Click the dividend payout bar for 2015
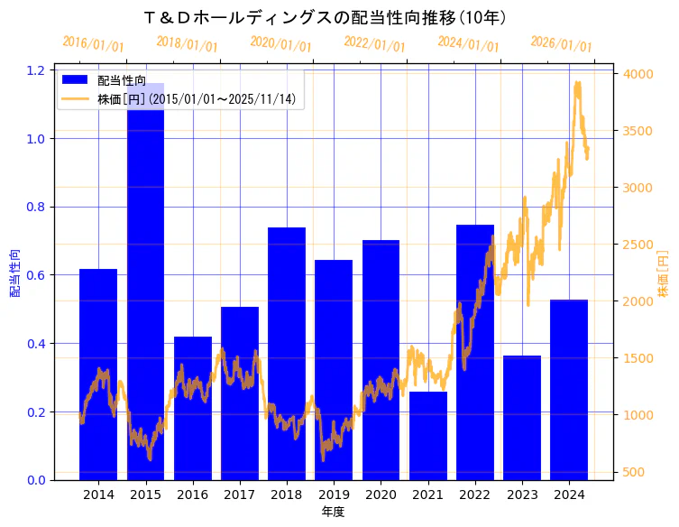tap(145, 289)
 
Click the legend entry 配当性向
tap(122, 80)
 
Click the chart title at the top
tap(326, 17)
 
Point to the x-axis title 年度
tap(333, 512)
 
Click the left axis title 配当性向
tap(14, 274)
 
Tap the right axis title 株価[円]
tap(663, 274)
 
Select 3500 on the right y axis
tap(636, 131)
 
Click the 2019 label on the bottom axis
tap(334, 495)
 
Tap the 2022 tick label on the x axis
tap(475, 495)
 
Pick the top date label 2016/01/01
tap(93, 44)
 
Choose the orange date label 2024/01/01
tap(468, 43)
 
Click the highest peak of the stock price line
tap(577, 82)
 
